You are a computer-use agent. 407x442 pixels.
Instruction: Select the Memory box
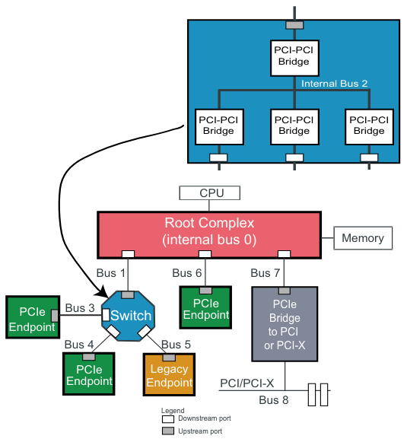[x=362, y=238]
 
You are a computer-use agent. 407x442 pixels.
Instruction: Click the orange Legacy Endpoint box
[x=170, y=376]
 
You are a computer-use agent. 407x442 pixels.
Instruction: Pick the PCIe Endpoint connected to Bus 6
[x=205, y=308]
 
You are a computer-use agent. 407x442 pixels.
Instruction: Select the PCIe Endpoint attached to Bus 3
[x=31, y=320]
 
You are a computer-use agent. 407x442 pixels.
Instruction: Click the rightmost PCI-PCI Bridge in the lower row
[x=368, y=126]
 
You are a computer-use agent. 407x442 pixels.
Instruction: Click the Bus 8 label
[x=274, y=400]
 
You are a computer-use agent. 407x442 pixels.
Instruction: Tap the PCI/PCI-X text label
[x=246, y=382]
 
